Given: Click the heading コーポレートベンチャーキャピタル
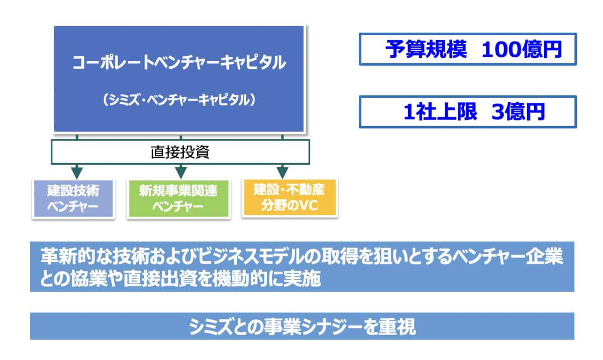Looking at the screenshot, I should (179, 63).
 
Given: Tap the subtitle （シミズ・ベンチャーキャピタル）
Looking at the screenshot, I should (179, 100).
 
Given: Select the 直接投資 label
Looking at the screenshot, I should (180, 152).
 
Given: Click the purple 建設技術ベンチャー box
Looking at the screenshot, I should (73, 198).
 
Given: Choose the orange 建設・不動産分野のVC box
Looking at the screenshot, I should (289, 197).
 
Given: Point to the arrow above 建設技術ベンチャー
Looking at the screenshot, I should (77, 171).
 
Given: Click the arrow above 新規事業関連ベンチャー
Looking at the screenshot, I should (181, 171).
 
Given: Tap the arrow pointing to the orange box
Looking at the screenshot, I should (282, 171).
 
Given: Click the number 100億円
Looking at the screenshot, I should (521, 49).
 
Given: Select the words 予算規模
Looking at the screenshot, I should (426, 49).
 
